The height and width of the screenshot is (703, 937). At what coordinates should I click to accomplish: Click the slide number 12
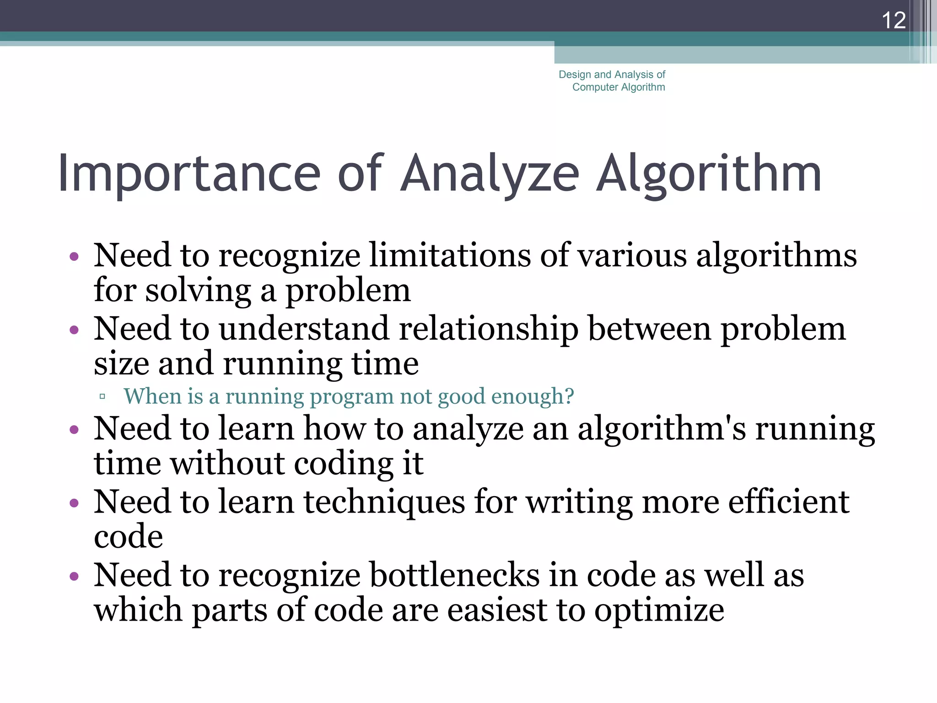pos(893,21)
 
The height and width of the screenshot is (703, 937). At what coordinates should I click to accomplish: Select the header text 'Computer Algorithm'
pos(619,87)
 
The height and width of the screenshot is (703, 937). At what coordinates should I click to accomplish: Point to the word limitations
pos(450,255)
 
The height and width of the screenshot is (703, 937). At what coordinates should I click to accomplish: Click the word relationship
pos(488,329)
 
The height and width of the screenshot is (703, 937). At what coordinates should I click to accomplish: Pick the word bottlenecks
pos(454,575)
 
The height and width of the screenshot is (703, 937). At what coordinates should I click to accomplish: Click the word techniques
pos(384,502)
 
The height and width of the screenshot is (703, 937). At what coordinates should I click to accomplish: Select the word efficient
pos(788,502)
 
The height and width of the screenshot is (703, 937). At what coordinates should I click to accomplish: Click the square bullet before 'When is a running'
pos(102,396)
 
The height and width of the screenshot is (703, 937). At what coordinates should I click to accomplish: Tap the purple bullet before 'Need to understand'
pos(74,330)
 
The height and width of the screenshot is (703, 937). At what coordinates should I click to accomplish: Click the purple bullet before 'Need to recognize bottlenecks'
pos(74,576)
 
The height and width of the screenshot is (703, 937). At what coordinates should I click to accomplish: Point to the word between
pos(649,329)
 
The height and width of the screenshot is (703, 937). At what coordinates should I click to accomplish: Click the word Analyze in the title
pos(490,174)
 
